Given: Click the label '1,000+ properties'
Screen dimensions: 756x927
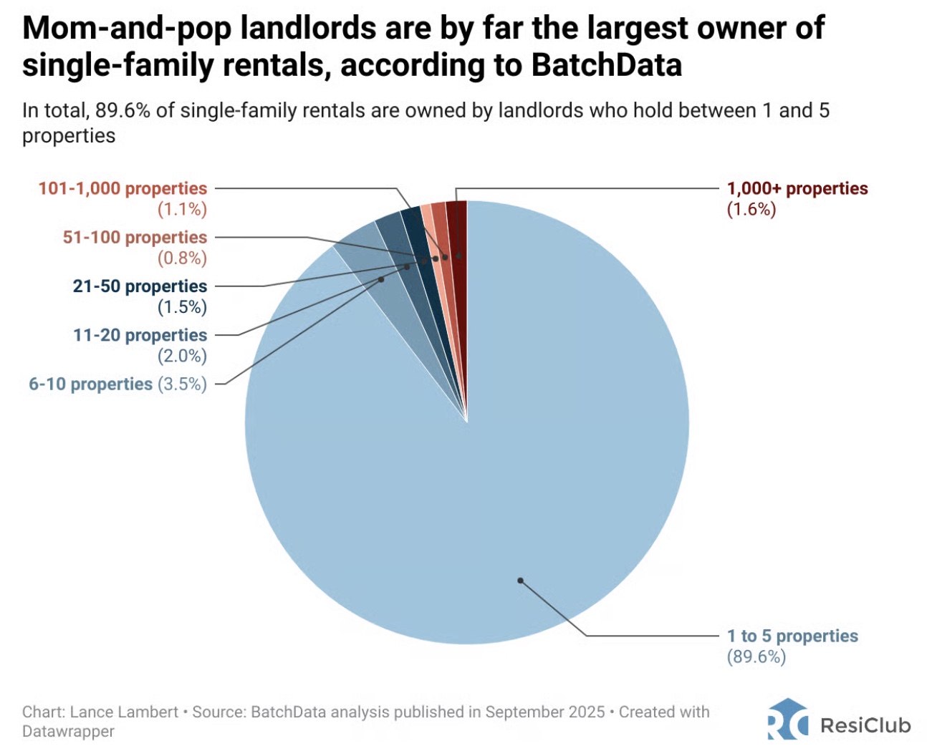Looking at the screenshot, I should (797, 189).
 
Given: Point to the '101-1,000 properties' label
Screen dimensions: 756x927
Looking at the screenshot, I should (123, 189).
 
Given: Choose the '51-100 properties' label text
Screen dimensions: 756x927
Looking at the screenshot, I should (135, 238).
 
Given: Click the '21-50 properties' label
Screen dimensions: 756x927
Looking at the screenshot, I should (140, 286).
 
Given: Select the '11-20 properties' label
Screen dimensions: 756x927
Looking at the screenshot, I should (140, 335).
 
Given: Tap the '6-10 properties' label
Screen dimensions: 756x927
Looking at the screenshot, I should (90, 384).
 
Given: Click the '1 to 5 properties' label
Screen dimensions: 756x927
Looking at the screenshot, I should (792, 636).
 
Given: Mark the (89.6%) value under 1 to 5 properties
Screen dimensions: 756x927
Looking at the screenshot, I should (756, 656).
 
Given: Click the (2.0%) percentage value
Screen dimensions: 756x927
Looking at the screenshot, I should (182, 356).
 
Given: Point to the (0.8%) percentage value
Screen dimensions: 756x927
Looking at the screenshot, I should (182, 258).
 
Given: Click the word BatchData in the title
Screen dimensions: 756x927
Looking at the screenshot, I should (606, 65).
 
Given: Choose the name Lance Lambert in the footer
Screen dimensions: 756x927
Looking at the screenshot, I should (124, 712).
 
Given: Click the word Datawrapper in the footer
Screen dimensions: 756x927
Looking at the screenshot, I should (68, 732).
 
